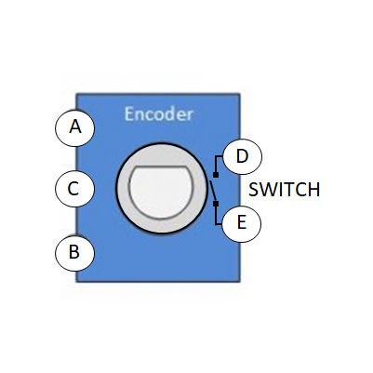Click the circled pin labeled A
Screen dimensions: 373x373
74,127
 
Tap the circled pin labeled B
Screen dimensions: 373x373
74,253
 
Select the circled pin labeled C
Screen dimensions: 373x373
74,188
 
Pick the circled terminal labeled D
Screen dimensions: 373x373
243,156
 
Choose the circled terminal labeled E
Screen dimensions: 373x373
242,223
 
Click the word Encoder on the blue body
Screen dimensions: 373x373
158,114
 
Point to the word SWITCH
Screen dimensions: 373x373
285,190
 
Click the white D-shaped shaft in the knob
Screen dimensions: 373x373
161,193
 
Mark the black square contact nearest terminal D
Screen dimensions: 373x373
216,175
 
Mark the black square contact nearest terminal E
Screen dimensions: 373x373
216,204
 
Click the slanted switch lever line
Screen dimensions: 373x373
213,191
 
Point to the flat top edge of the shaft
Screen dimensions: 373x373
161,167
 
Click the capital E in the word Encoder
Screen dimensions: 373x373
129,114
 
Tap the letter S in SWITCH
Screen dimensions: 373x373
254,190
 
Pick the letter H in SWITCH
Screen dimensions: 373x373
313,190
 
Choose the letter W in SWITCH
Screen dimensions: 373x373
270,190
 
